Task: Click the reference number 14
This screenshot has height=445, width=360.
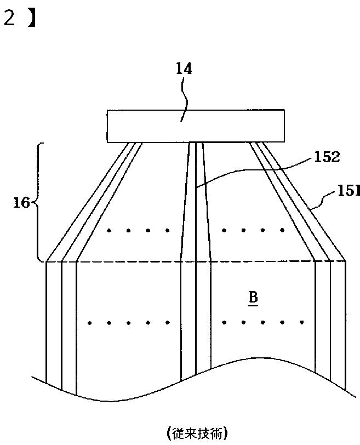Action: (184, 70)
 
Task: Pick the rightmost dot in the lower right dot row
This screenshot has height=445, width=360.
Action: (304, 322)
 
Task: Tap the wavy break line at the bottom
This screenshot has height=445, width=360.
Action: (164, 386)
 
